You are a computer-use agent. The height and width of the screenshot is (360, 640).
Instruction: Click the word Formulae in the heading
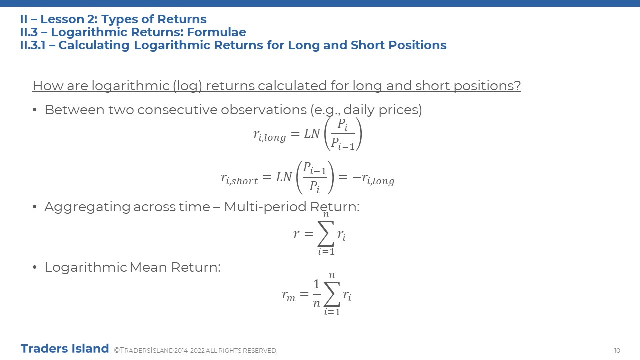(216, 32)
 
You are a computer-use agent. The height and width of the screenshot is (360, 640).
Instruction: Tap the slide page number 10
(617, 350)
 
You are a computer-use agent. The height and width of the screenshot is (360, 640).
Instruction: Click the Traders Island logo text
(65, 348)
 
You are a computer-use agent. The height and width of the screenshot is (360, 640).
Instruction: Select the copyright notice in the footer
(196, 350)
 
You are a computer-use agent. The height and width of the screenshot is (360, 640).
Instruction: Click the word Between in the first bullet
(74, 110)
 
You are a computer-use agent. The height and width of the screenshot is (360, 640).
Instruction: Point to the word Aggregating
(87, 207)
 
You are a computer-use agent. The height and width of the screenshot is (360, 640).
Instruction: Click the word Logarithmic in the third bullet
(85, 267)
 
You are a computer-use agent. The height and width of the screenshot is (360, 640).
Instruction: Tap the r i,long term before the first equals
(269, 135)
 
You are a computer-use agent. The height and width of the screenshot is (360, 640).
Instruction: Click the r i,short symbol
(239, 179)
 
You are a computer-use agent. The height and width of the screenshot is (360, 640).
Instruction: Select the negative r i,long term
(373, 179)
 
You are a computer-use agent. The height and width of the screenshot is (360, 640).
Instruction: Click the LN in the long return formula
(312, 133)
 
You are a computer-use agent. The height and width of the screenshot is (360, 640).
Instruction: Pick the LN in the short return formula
(284, 177)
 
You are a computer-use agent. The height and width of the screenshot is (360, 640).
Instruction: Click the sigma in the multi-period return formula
(326, 234)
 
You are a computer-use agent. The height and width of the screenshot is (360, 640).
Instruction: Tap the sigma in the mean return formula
(332, 294)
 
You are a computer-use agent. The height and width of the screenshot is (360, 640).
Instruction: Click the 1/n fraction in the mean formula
(317, 293)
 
